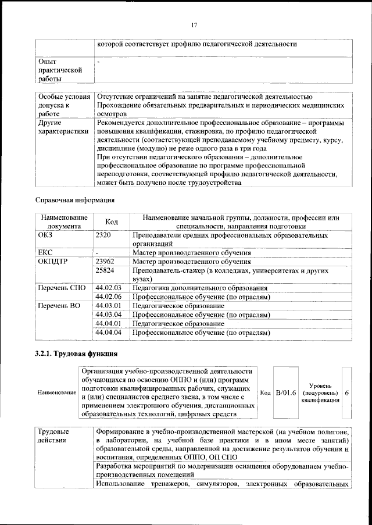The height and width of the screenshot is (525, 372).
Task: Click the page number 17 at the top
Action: tap(195, 24)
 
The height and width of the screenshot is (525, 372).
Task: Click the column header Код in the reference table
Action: tap(111, 222)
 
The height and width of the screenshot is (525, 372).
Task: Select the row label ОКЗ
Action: tap(45, 235)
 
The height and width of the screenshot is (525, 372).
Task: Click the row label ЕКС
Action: tap(45, 253)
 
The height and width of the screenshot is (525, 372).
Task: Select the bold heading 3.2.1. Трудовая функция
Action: tap(77, 353)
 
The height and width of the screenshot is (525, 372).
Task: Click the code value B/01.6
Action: tap(286, 392)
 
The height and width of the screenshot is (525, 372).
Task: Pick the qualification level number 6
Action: tap(347, 392)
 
